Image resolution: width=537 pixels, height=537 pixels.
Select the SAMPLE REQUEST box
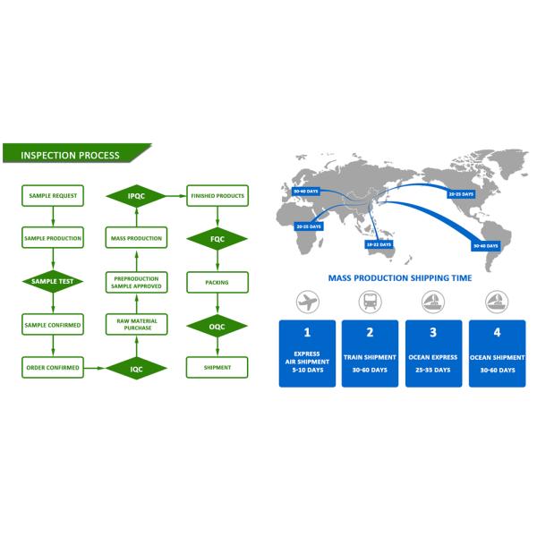tap(52, 195)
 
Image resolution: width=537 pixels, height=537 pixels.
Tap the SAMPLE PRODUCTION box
tap(52, 238)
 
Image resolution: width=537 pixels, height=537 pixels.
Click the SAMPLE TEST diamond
tap(52, 281)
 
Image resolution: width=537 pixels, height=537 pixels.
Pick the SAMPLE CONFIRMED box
tap(52, 324)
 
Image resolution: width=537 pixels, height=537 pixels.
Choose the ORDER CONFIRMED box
tap(52, 367)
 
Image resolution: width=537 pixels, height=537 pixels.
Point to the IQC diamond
tap(135, 367)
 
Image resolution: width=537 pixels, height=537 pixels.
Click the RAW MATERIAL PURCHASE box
tap(135, 324)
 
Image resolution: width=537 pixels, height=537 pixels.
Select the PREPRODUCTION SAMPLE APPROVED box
tap(135, 281)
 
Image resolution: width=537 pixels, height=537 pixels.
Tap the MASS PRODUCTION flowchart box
tap(135, 238)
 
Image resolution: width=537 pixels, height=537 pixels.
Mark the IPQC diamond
tap(135, 195)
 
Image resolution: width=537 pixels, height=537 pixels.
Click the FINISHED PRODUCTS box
tap(217, 195)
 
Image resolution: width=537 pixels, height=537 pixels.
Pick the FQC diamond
tap(217, 238)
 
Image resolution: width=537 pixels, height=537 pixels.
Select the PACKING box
tap(217, 281)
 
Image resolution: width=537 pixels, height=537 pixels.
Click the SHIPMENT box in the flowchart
tap(217, 367)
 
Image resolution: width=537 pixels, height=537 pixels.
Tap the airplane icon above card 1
tap(307, 302)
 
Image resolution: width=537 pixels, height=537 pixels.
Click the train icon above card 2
tap(370, 302)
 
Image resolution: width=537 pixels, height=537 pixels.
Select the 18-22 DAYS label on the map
tap(377, 243)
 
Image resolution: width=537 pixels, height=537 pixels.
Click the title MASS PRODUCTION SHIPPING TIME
tap(399, 278)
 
